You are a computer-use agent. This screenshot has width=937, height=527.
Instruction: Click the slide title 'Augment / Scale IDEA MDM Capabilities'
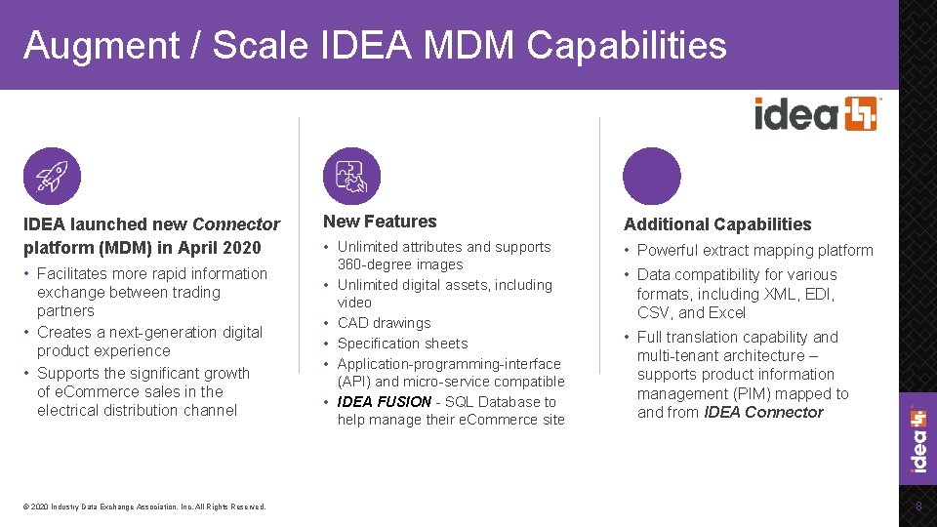pyautogui.click(x=375, y=46)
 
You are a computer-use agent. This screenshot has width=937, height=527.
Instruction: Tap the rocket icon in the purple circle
pyautogui.click(x=52, y=177)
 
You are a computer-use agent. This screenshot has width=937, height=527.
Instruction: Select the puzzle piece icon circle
pyautogui.click(x=351, y=177)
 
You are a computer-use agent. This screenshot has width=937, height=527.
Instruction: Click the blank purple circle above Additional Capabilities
pyautogui.click(x=651, y=177)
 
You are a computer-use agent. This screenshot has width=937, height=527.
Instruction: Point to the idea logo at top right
pyautogui.click(x=816, y=114)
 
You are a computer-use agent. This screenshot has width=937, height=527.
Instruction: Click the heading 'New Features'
pyautogui.click(x=380, y=222)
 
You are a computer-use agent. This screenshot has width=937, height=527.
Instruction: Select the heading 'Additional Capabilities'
pyautogui.click(x=717, y=224)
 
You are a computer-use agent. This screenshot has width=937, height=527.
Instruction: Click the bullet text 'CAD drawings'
pyautogui.click(x=384, y=323)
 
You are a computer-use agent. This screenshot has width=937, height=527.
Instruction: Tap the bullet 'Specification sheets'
pyautogui.click(x=402, y=344)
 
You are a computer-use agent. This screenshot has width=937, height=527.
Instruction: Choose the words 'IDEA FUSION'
pyautogui.click(x=384, y=401)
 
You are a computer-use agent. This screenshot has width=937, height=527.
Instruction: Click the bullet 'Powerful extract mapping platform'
pyautogui.click(x=754, y=250)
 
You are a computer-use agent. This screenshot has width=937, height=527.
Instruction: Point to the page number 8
pyautogui.click(x=917, y=506)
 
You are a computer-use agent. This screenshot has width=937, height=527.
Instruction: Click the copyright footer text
pyautogui.click(x=144, y=507)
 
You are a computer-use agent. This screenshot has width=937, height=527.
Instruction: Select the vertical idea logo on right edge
pyautogui.click(x=918, y=439)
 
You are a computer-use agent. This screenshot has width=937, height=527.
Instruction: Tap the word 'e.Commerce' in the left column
pyautogui.click(x=96, y=391)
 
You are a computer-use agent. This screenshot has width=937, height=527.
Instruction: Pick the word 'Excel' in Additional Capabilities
pyautogui.click(x=726, y=312)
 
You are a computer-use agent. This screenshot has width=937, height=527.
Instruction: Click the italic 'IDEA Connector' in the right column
pyautogui.click(x=763, y=412)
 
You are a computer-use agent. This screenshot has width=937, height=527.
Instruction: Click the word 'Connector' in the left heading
pyautogui.click(x=236, y=224)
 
